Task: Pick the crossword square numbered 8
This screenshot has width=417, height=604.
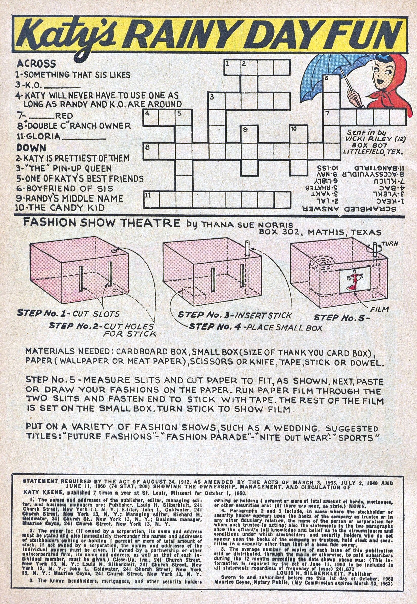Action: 151,152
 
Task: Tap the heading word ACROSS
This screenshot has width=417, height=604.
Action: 36,63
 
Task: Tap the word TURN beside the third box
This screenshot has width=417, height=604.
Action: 390,243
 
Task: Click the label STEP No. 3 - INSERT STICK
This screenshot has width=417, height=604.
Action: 234,315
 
